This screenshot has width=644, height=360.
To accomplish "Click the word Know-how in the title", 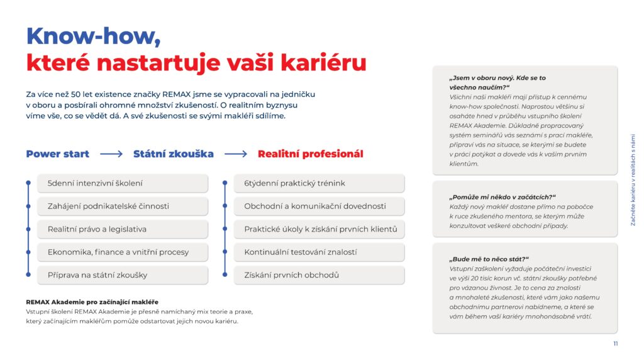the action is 93,36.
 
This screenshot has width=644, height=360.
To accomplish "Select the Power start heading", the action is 57,154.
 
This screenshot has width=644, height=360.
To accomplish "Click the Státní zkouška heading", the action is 174,154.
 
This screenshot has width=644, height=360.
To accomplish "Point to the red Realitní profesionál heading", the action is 311,154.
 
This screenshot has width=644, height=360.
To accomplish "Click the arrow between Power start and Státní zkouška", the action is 111,154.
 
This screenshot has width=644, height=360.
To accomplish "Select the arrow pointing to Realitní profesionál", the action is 236,154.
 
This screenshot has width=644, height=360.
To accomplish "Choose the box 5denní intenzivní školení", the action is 123,183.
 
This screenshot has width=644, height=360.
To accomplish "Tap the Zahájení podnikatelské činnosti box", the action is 123,206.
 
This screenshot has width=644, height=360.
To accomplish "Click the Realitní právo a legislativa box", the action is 123,229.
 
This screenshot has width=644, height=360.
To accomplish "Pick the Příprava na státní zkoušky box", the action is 123,275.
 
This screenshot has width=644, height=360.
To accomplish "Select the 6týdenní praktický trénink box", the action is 319,183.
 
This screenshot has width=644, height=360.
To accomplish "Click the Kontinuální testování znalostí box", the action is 319,252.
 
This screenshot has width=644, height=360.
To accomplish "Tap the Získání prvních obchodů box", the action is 319,275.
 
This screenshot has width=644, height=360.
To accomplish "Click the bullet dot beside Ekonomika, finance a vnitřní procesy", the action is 28,252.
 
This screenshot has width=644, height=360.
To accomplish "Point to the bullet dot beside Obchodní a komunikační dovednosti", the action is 225,206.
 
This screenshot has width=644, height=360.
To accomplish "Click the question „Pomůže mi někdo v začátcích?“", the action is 502,197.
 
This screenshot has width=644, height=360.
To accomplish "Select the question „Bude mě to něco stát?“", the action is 489,259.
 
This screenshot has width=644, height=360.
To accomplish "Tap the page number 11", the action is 615,344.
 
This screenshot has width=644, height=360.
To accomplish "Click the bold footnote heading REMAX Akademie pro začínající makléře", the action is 92,302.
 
